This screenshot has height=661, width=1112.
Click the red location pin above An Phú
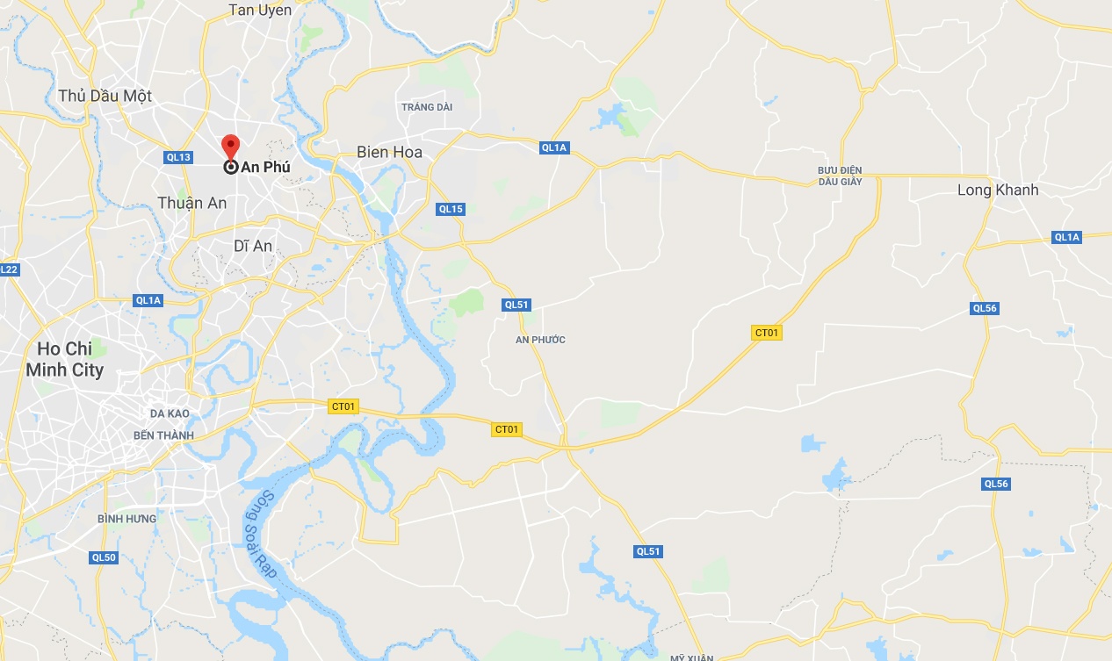point(230,146)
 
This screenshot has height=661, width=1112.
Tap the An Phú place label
point(265,167)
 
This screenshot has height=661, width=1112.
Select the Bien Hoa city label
point(389,152)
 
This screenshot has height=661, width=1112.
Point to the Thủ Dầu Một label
point(105,96)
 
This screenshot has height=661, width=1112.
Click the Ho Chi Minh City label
point(64,360)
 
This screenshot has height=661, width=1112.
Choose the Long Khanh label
point(998,190)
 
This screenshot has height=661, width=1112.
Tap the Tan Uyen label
point(260,10)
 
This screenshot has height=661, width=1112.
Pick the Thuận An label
point(191,203)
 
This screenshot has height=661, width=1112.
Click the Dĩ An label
point(253,246)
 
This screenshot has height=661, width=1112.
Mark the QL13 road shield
point(177,157)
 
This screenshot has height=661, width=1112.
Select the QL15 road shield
point(451,209)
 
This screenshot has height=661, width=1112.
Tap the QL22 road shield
point(8,269)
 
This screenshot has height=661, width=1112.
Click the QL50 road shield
point(104,557)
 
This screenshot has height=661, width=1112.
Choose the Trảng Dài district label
point(426,107)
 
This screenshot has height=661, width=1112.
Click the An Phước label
point(539,340)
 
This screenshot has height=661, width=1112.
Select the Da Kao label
point(170,413)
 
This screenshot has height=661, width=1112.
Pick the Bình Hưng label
point(127,519)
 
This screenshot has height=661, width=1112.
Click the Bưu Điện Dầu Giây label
point(840,176)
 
